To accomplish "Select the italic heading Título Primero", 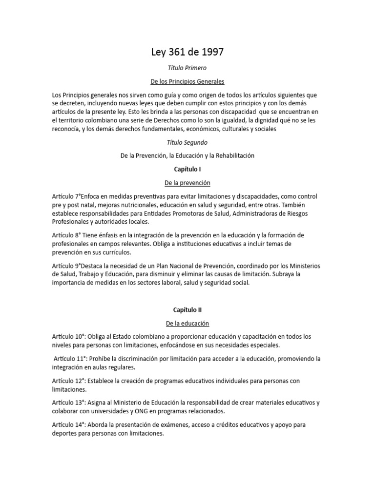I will (x=187, y=69).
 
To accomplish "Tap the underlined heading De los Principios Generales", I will (x=187, y=81).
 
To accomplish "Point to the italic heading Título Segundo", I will (x=187, y=143).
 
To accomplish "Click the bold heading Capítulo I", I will (x=187, y=169).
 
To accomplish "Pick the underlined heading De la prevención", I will (x=187, y=183).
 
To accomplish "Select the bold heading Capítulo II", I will (x=187, y=309).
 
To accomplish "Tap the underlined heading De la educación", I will (x=187, y=323).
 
